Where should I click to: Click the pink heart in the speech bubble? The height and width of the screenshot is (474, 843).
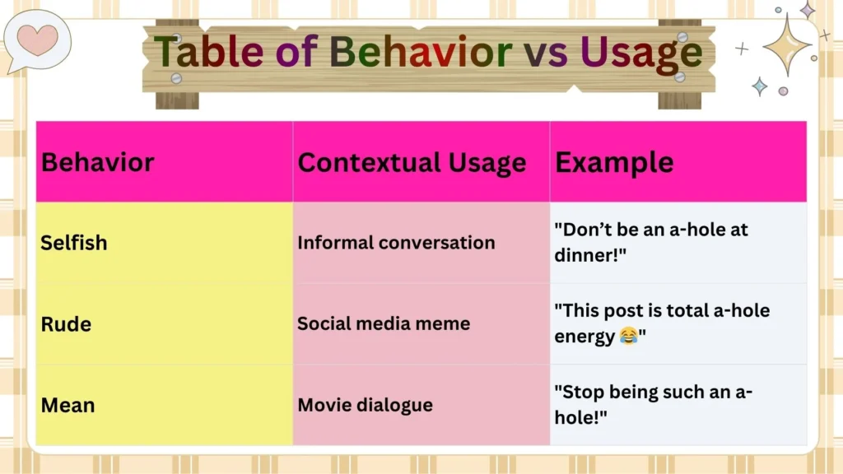(x=37, y=39)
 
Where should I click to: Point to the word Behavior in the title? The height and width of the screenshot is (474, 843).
(x=421, y=53)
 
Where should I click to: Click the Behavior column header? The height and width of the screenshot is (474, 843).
(x=97, y=162)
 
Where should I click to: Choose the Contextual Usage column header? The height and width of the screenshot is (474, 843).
(x=412, y=162)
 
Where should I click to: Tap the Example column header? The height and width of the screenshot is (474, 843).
(x=614, y=162)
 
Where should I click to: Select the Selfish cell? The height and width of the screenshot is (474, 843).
(x=74, y=243)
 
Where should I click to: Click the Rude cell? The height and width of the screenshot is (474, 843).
(x=66, y=324)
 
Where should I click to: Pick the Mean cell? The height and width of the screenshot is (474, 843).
(x=68, y=405)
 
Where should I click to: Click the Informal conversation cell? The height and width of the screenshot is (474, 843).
(x=396, y=243)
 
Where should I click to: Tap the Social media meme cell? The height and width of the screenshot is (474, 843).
(x=384, y=323)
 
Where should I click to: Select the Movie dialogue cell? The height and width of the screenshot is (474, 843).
(x=365, y=405)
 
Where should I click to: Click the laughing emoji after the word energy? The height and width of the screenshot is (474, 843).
(x=628, y=337)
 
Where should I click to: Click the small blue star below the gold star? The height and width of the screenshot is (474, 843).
(x=759, y=86)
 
